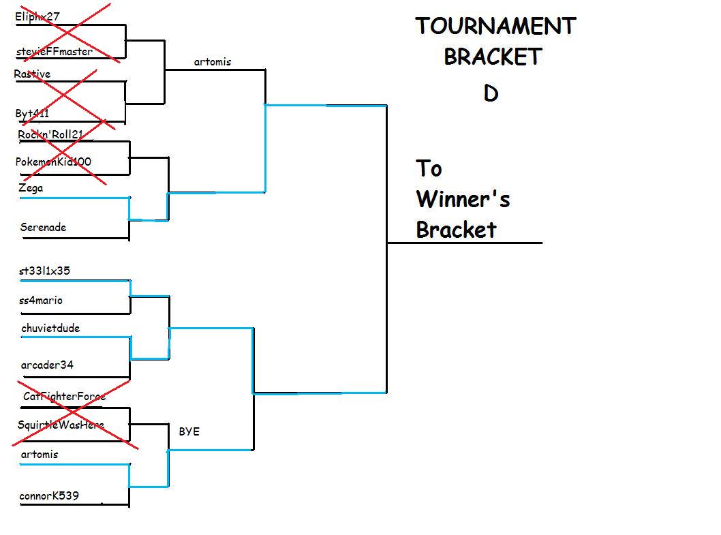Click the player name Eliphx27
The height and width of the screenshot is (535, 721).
point(37,16)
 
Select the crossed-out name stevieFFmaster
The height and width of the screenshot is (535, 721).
point(53,51)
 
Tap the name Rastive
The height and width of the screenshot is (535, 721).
point(32,74)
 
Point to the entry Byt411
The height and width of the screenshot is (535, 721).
point(32,113)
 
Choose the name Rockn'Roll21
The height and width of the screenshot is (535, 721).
point(50,134)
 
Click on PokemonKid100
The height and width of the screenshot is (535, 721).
point(53,162)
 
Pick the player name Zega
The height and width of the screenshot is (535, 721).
point(31,187)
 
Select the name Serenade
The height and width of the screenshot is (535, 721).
point(43,227)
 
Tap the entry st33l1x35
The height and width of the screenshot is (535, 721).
point(45,271)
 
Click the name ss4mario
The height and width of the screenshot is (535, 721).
point(42,300)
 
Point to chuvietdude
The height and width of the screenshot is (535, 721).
point(50,328)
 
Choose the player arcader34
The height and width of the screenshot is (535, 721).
point(47,365)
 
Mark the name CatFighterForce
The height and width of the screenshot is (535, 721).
point(64,396)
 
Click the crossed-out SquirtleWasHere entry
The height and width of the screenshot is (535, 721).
point(61,425)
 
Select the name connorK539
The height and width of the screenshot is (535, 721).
point(48,495)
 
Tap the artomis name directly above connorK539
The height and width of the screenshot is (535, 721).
point(40,454)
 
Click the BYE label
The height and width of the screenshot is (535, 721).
point(189,431)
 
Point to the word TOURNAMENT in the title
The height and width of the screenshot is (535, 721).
point(495,26)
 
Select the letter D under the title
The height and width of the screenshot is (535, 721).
point(491,93)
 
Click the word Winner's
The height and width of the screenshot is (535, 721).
point(463,199)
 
